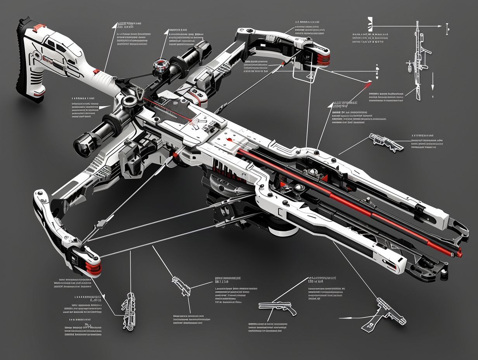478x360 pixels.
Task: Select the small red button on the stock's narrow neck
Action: click(x=95, y=71)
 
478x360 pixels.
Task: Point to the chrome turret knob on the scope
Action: click(x=159, y=66)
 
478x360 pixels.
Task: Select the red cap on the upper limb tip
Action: click(x=324, y=58)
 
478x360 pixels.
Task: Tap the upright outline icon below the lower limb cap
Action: click(x=128, y=310)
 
